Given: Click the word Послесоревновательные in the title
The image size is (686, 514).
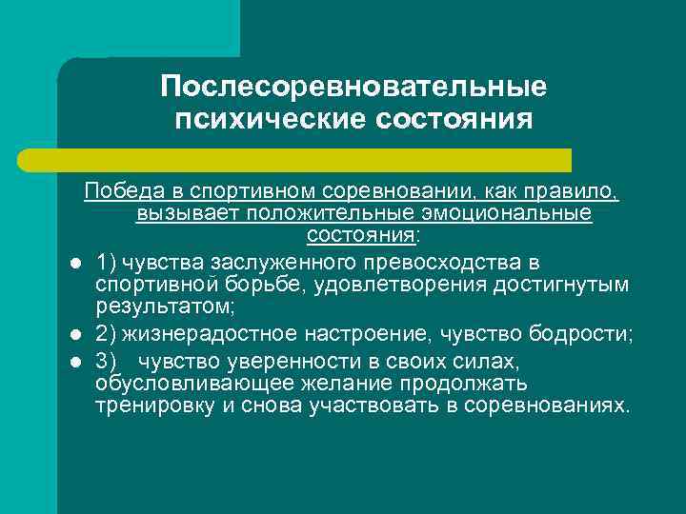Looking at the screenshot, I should point(353,87).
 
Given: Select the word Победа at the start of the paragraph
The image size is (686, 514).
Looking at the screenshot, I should point(115,192).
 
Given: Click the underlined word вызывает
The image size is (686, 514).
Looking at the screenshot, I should point(188,213).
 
